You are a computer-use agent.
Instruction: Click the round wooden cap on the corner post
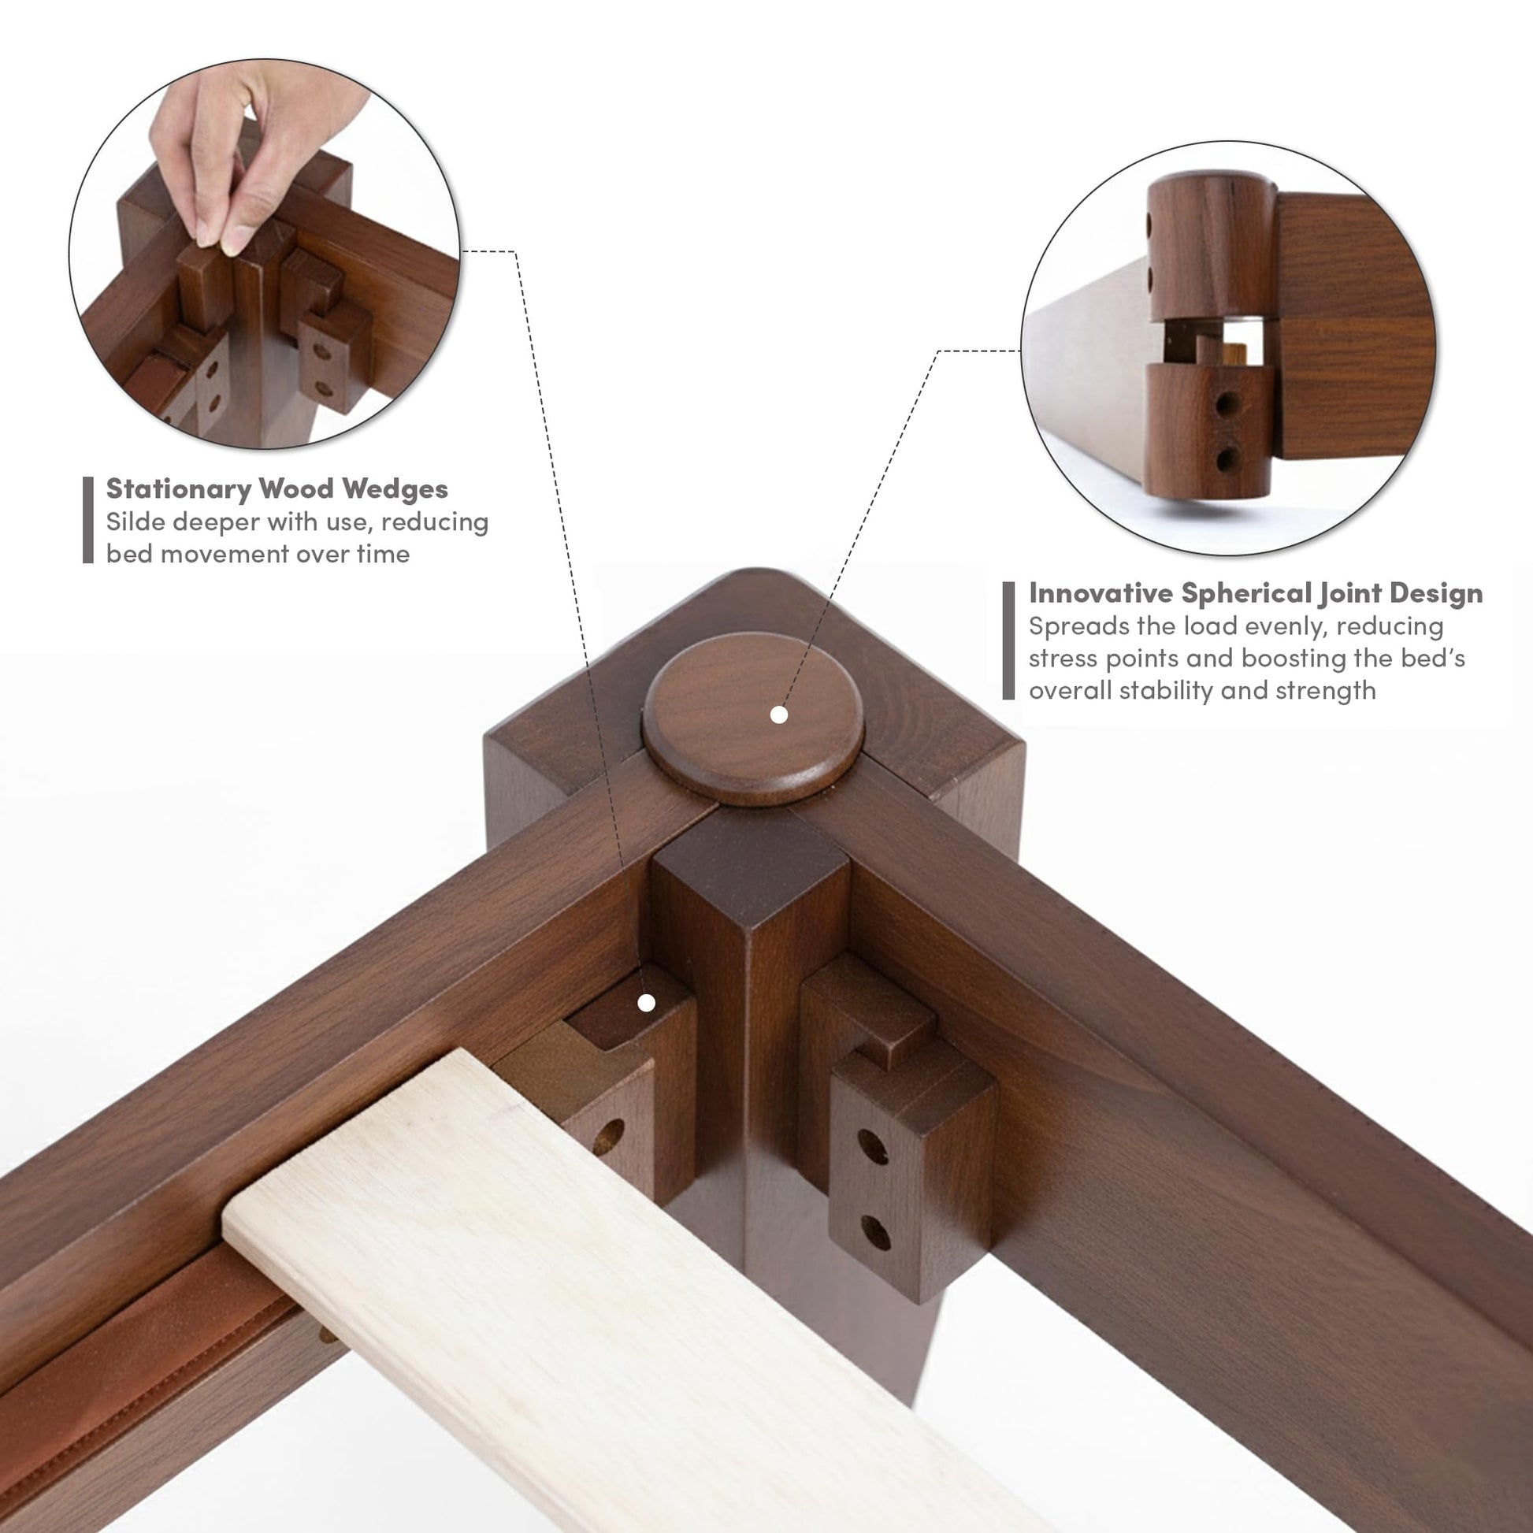(752, 719)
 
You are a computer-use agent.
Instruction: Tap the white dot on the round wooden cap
(779, 715)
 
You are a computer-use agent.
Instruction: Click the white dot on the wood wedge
(647, 1003)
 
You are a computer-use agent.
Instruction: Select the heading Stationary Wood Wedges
(277, 488)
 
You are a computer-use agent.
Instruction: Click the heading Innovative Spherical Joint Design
(1255, 593)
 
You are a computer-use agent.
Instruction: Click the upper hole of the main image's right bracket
(872, 1146)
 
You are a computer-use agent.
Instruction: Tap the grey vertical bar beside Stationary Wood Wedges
(88, 520)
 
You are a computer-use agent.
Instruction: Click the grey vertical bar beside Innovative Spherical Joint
(1008, 641)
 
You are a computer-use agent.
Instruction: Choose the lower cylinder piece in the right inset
(1208, 429)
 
